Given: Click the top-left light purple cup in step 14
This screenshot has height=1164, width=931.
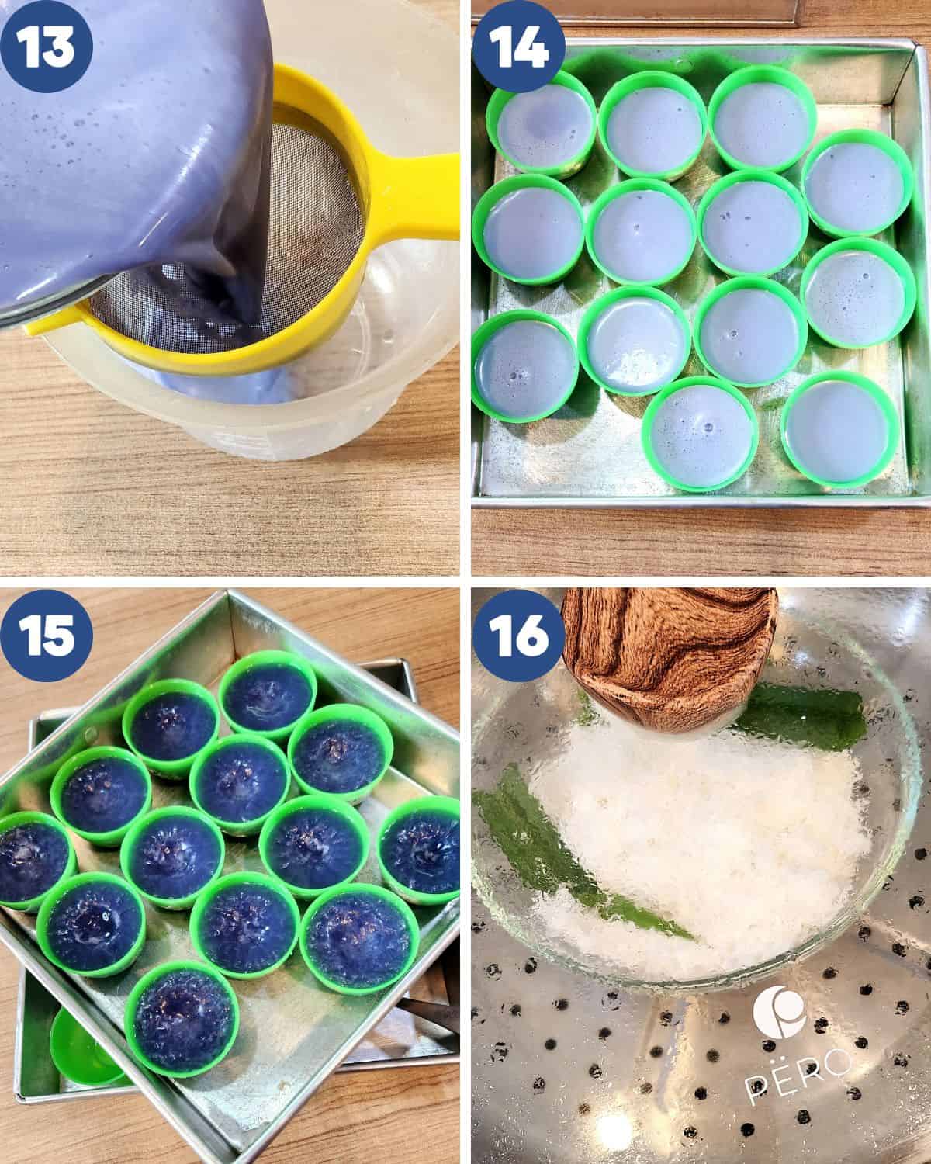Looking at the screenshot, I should tap(540, 129).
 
